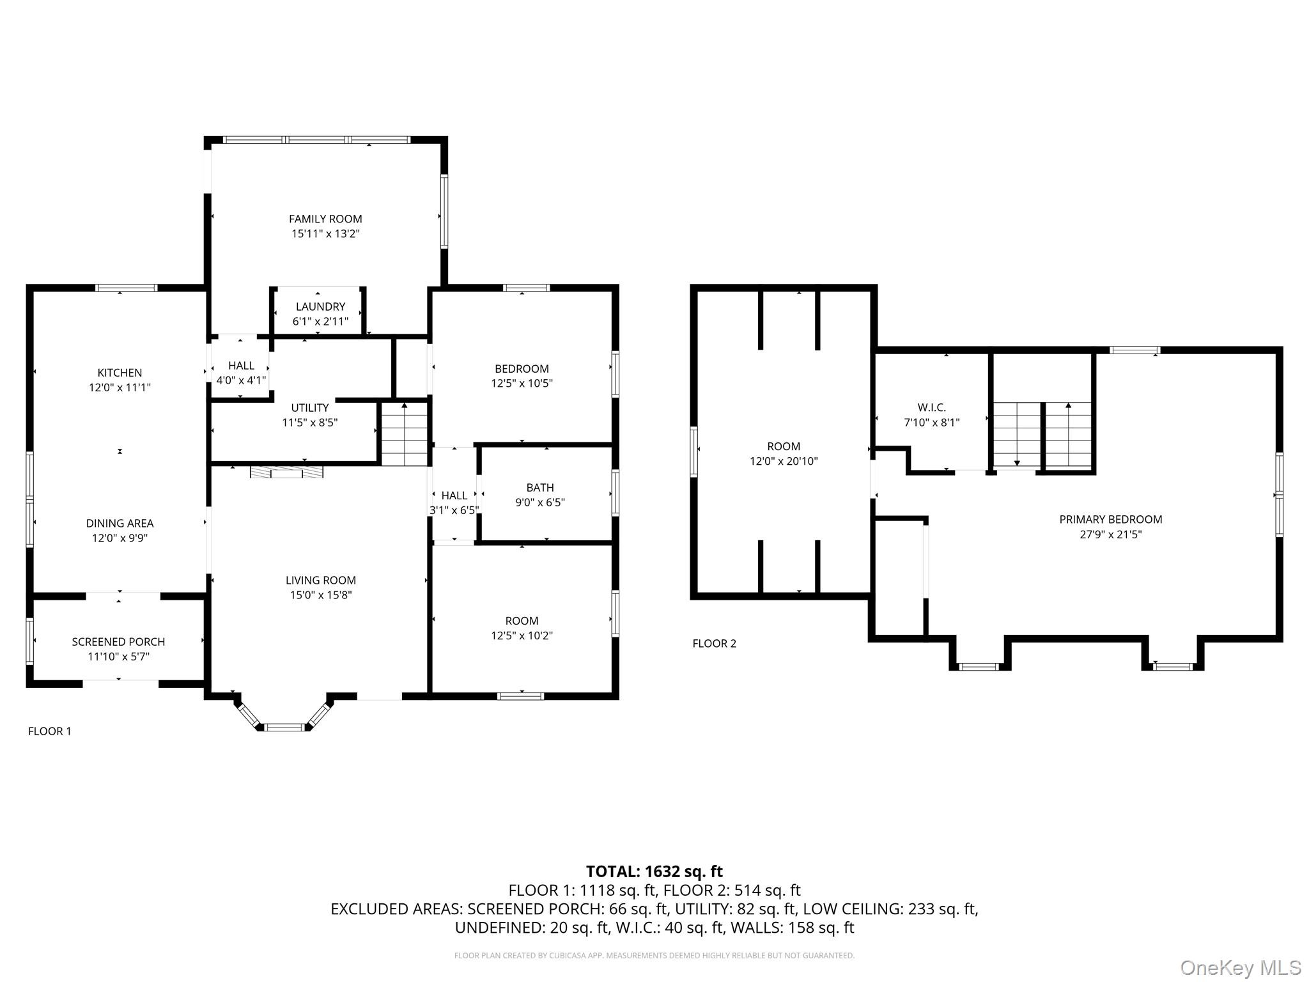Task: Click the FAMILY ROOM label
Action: tap(325, 219)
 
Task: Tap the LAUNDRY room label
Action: tap(320, 307)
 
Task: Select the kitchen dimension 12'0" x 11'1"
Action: tap(120, 387)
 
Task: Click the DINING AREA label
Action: tap(120, 524)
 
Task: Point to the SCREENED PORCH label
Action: tap(118, 642)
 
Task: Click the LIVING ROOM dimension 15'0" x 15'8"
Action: tap(320, 595)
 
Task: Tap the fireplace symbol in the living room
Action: tap(286, 472)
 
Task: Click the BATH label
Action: tap(540, 488)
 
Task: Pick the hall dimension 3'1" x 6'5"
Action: tap(454, 510)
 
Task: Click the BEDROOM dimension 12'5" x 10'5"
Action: tap(522, 384)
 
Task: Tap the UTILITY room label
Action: tap(310, 408)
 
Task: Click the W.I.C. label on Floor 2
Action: tap(931, 408)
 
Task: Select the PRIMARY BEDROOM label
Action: tap(1110, 520)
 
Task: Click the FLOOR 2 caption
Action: tap(714, 644)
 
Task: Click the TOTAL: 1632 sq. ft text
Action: tap(654, 871)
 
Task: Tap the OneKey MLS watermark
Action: tap(1240, 968)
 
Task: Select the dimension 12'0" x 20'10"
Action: tap(784, 462)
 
